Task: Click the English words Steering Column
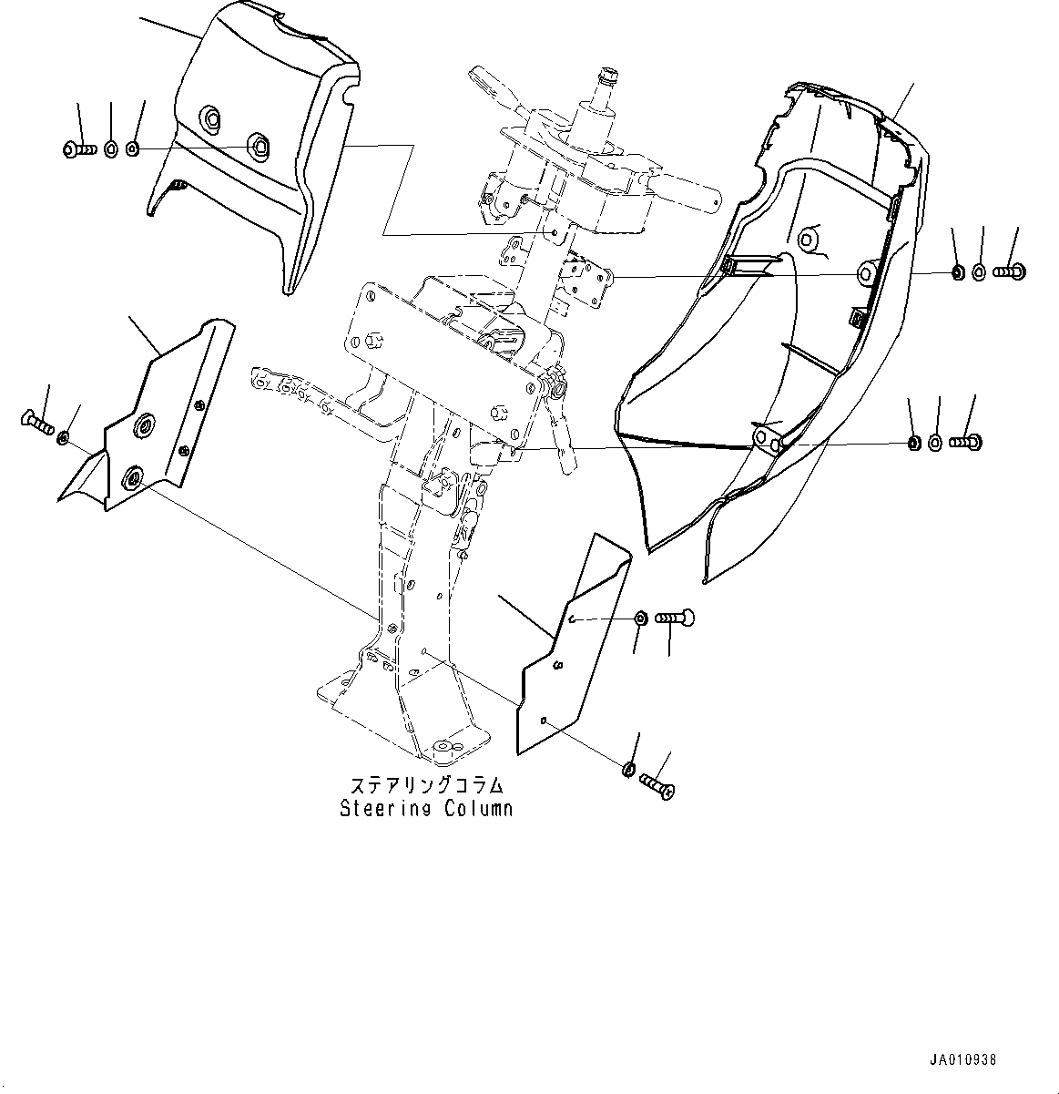click(x=426, y=808)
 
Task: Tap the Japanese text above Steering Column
click(x=426, y=785)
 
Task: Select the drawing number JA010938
click(x=962, y=1060)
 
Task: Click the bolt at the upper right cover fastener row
click(x=1008, y=271)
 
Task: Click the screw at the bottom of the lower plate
click(x=657, y=785)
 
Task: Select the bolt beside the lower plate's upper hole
click(x=675, y=619)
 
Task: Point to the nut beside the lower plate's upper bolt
click(x=640, y=619)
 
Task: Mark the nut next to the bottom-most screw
click(x=627, y=770)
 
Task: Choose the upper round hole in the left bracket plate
click(x=144, y=426)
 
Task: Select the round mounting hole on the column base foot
click(x=444, y=746)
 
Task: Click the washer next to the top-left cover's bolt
click(x=110, y=148)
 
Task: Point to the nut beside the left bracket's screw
click(x=64, y=439)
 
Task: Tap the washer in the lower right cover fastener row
click(x=935, y=444)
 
